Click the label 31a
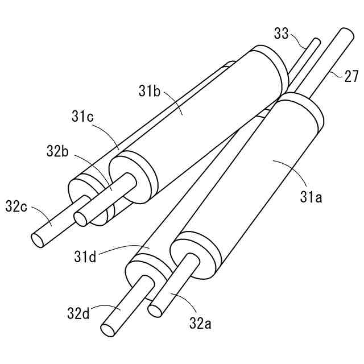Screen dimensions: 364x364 click(312, 197)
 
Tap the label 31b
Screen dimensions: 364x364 click(149, 90)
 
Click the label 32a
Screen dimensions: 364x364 click(200, 323)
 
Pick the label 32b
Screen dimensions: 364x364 click(58, 151)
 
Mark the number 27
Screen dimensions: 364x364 click(351, 76)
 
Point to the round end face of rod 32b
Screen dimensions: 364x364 click(81, 218)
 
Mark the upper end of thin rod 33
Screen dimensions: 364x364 click(315, 41)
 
